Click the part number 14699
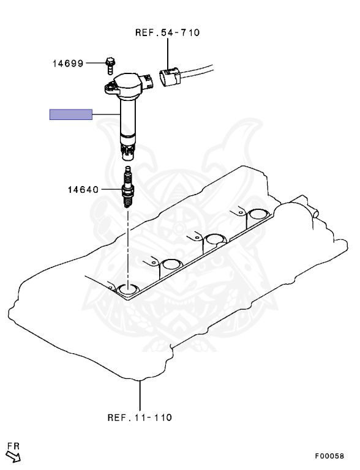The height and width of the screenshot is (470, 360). [x=68, y=64]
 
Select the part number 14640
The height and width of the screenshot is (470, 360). [x=83, y=190]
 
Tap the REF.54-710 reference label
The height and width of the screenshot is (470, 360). [x=167, y=32]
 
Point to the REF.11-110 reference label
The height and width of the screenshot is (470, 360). [x=140, y=417]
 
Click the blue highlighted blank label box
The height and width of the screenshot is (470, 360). [x=71, y=114]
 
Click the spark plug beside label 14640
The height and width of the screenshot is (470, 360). [x=127, y=187]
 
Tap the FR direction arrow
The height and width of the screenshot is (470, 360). [x=13, y=456]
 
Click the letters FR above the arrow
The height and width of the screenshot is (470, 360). [x=13, y=446]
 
